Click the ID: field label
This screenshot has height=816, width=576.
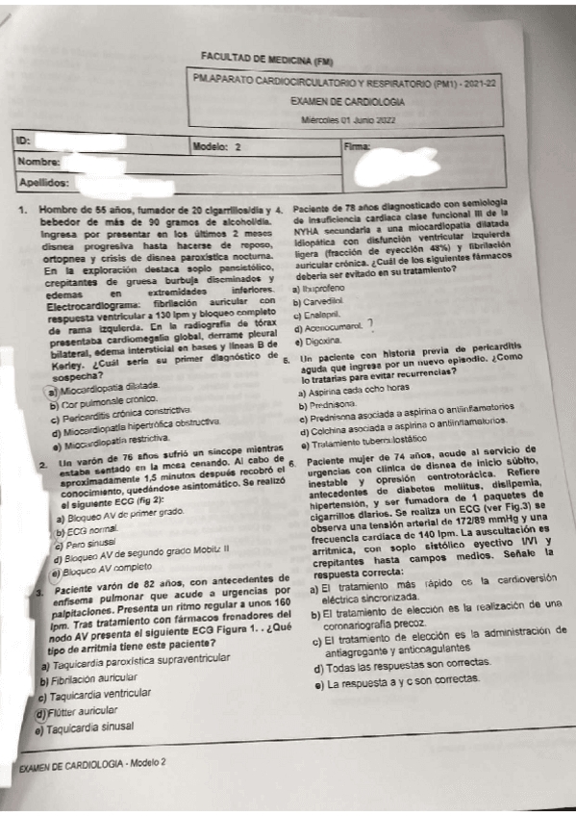(25, 142)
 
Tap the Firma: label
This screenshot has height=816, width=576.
(357, 145)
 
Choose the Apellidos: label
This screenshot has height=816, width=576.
(44, 182)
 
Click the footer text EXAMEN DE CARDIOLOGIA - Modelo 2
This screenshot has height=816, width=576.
(92, 762)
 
